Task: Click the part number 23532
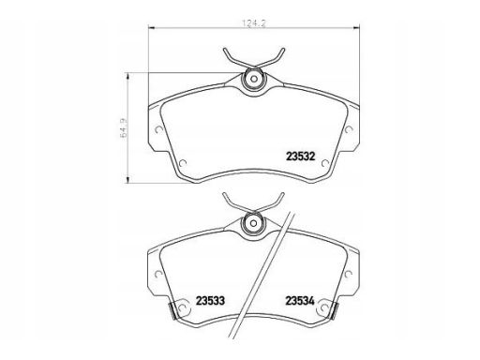(301, 157)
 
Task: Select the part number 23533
(210, 301)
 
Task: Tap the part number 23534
(300, 301)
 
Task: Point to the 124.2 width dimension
(254, 23)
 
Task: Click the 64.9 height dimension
(124, 127)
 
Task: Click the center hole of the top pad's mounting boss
(253, 79)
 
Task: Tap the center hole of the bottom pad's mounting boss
(253, 223)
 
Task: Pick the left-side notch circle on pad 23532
(158, 129)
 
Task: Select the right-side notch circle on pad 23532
(348, 129)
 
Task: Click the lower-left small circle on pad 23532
(183, 163)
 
